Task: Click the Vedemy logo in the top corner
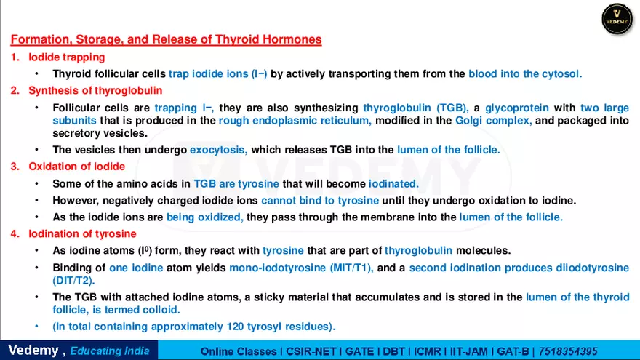[x=617, y=18]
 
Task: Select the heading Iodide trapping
[x=67, y=57]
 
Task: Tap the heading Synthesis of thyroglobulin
[x=95, y=90]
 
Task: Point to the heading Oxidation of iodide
[x=76, y=167]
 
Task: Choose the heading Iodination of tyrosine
[x=82, y=233]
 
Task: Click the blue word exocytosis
[x=218, y=150]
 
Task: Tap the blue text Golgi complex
[x=493, y=121]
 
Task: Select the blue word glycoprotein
[x=516, y=108]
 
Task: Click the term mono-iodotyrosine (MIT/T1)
[x=301, y=268]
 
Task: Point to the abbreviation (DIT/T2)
[x=73, y=280]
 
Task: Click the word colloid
[x=164, y=310]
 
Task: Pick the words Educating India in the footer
[x=110, y=351]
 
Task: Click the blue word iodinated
[x=393, y=183]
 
